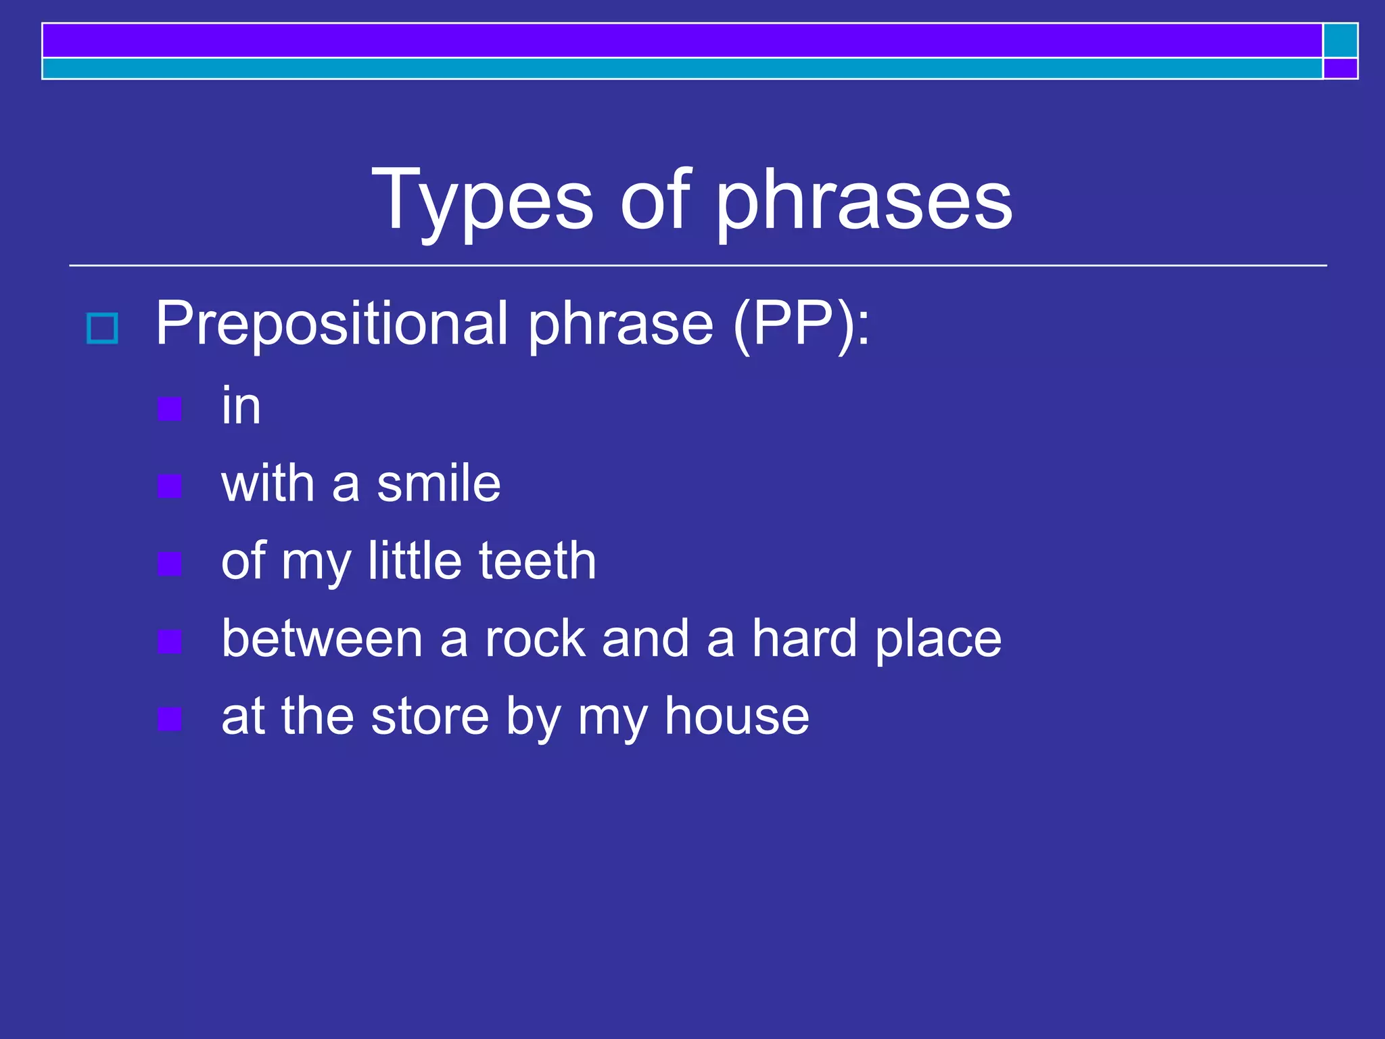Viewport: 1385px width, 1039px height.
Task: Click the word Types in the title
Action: pyautogui.click(x=482, y=201)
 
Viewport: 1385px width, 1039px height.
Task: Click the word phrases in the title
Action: pyautogui.click(x=864, y=201)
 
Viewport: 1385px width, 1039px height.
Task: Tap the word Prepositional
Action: pyautogui.click(x=331, y=323)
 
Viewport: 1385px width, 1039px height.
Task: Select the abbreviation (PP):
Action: pyautogui.click(x=802, y=323)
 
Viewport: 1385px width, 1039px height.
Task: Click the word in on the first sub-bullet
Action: pyautogui.click(x=241, y=406)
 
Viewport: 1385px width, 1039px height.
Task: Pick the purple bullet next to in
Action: pyautogui.click(x=169, y=409)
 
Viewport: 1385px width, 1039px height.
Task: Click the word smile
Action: pyautogui.click(x=438, y=484)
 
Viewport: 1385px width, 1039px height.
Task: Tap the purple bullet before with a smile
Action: pyautogui.click(x=169, y=486)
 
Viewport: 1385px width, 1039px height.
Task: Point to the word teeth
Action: pyautogui.click(x=538, y=561)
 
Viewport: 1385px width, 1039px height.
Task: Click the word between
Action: pyautogui.click(x=322, y=639)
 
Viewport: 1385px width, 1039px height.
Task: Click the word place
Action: pyautogui.click(x=938, y=639)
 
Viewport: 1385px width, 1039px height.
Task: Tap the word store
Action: pyautogui.click(x=429, y=716)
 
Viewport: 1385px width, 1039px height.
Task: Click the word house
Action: pyautogui.click(x=736, y=716)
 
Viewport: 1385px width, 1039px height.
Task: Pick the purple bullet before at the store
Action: pyautogui.click(x=169, y=719)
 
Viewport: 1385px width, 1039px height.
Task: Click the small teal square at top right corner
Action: pyautogui.click(x=1340, y=41)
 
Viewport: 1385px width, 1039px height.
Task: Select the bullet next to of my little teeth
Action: pyautogui.click(x=169, y=563)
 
